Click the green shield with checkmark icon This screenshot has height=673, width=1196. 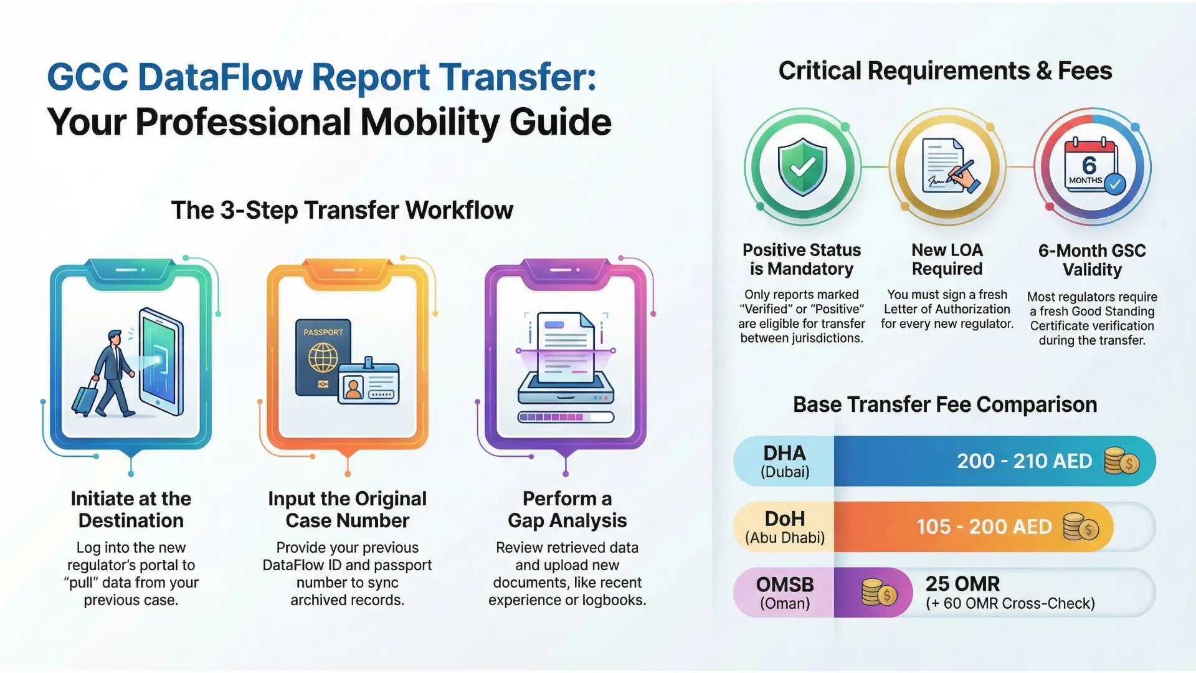(x=802, y=166)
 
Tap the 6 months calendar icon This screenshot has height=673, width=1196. (x=1092, y=167)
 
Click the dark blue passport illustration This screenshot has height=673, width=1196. (x=323, y=357)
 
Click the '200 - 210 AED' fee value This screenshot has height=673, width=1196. (x=1024, y=461)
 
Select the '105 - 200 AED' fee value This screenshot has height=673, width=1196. (x=984, y=527)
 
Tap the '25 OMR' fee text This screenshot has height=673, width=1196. (x=962, y=584)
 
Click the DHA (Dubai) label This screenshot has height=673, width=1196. (x=784, y=461)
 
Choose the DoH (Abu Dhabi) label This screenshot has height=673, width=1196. (x=784, y=527)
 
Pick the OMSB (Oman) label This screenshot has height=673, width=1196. (x=784, y=593)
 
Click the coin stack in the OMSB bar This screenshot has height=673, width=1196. (x=878, y=593)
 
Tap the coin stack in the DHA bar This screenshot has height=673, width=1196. (x=1121, y=461)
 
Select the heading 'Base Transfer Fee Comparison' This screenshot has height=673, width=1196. (x=944, y=404)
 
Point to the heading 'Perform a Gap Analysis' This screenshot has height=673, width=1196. (x=567, y=509)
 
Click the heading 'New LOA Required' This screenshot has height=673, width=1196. (x=947, y=259)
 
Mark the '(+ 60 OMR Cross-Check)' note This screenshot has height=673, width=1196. (x=1010, y=603)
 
